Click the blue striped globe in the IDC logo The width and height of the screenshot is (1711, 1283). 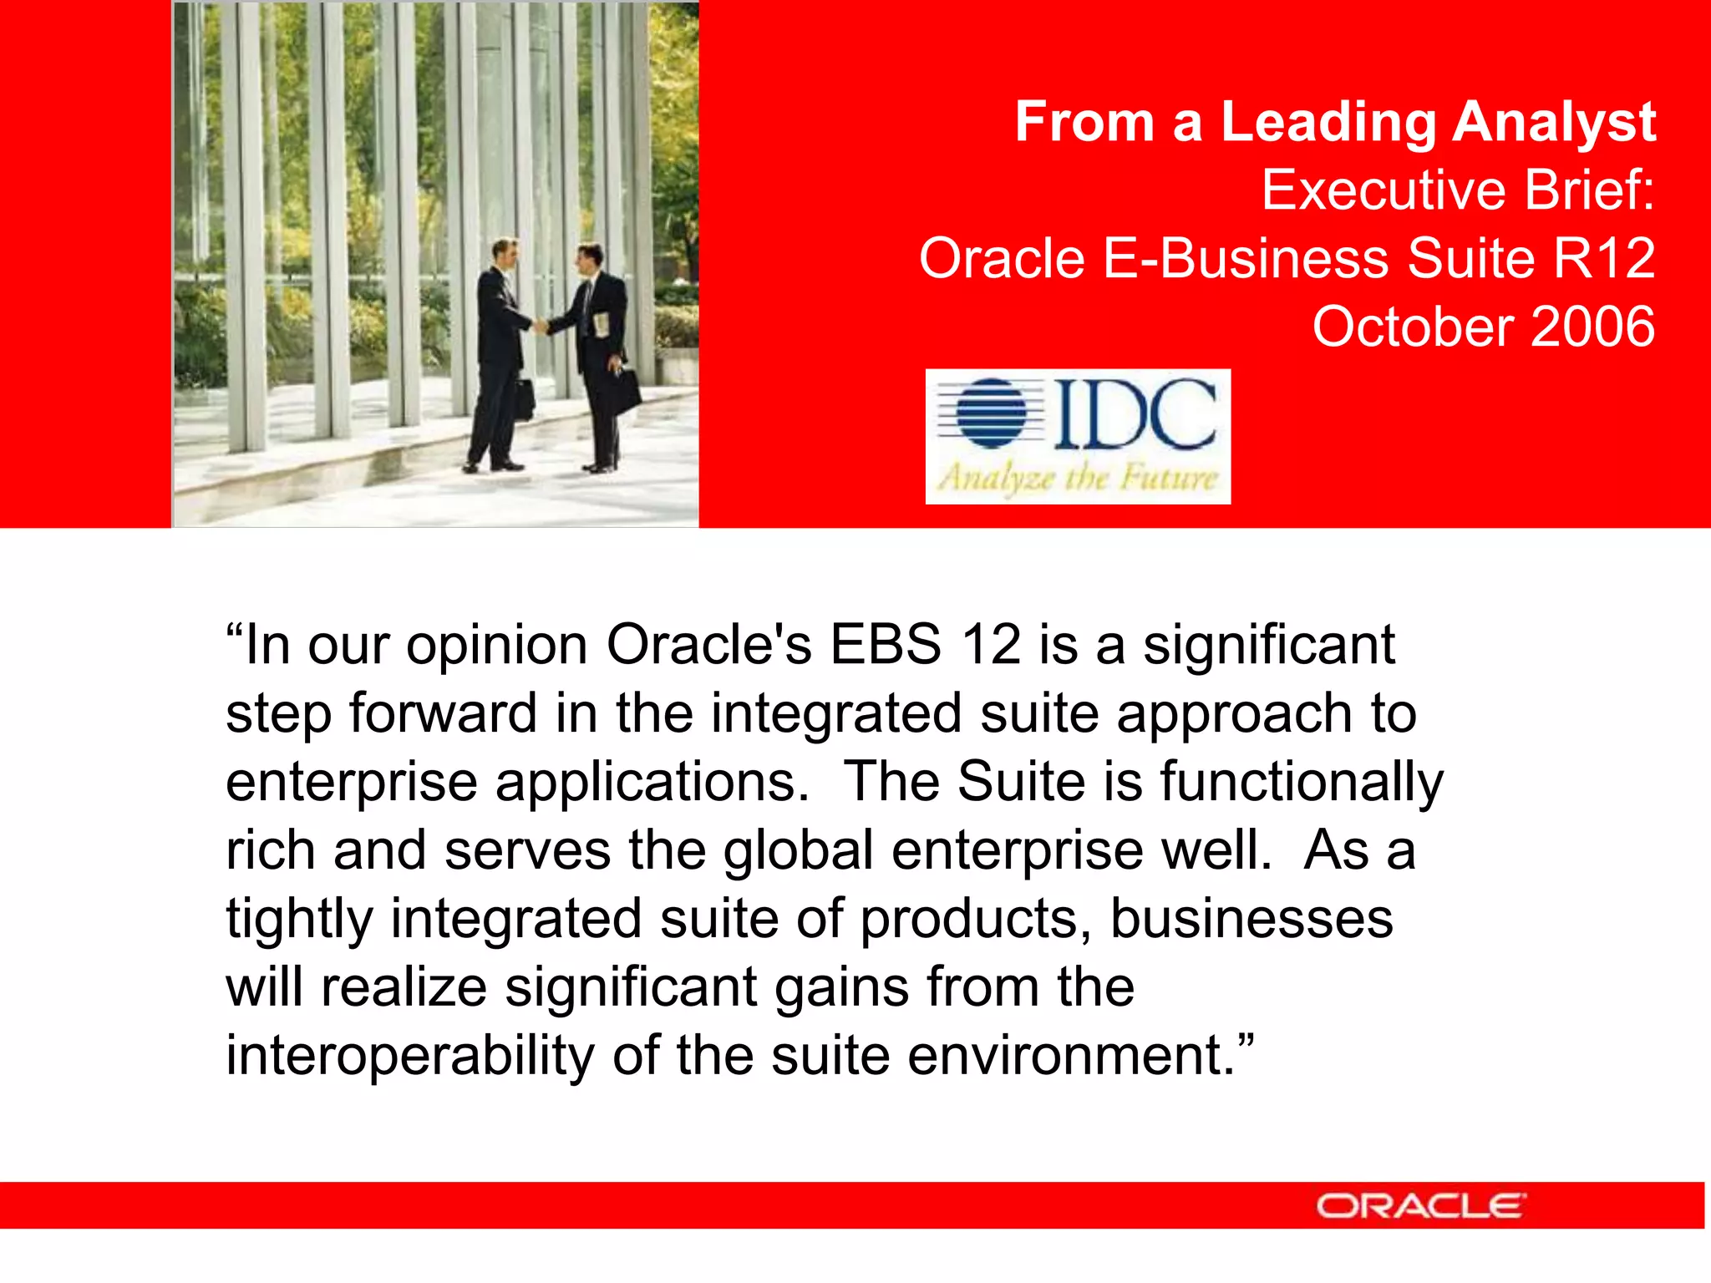(991, 413)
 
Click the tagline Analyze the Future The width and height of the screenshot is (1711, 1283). (1078, 479)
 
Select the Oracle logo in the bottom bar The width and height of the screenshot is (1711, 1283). (1420, 1206)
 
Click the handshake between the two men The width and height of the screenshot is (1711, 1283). (540, 325)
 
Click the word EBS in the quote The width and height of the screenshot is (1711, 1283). (886, 645)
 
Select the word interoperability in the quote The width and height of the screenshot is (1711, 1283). (410, 1056)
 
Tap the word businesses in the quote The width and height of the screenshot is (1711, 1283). (1251, 919)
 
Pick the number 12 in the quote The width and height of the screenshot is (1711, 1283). (991, 645)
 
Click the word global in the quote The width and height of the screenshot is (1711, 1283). (798, 850)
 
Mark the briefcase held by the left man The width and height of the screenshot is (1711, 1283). (523, 399)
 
